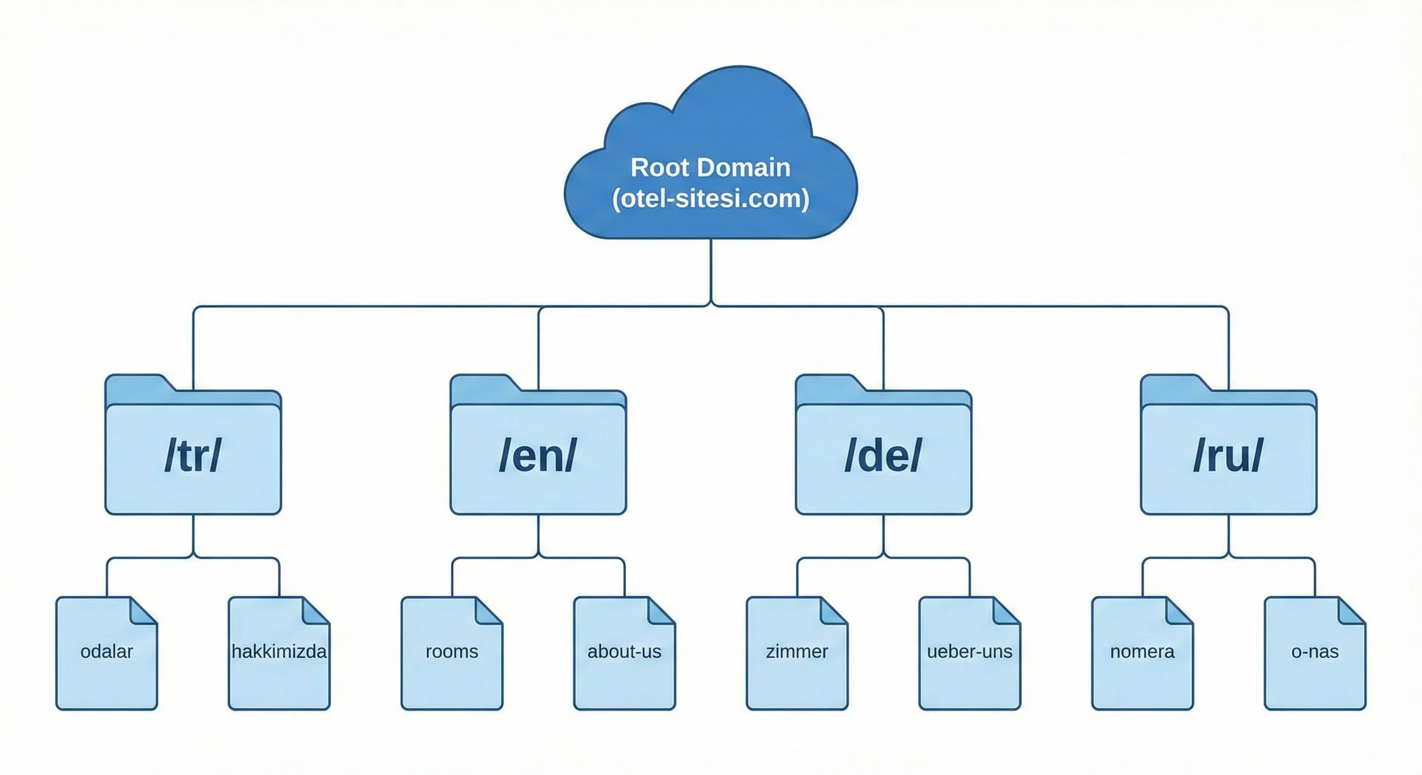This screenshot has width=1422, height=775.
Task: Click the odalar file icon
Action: (107, 662)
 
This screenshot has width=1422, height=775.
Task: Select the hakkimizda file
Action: (279, 662)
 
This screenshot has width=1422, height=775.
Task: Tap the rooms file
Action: (451, 662)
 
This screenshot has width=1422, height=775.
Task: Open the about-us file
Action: (624, 662)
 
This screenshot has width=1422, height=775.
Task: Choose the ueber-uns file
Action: (970, 662)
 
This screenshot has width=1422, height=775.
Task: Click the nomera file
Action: (1142, 662)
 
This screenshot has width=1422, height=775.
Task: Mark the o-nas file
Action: (1315, 662)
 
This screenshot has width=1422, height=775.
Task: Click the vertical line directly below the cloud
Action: (711, 270)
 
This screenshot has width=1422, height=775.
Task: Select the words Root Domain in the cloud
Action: (710, 167)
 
